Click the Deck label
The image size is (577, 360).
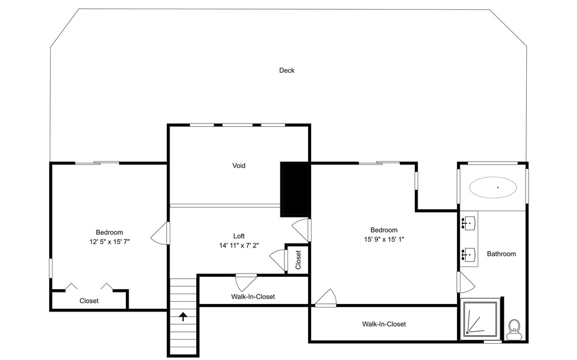[x=287, y=70]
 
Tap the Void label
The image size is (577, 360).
[x=239, y=166]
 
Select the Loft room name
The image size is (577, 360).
[x=239, y=236]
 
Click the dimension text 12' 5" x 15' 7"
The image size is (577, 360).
[x=109, y=242]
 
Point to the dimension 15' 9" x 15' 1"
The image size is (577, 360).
[x=384, y=239]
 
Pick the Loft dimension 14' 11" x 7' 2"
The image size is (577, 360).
[x=239, y=245]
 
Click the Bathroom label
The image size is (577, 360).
[x=501, y=254]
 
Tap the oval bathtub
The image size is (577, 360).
[x=493, y=187]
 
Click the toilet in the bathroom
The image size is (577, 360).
[x=514, y=329]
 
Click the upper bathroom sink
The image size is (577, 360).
[x=468, y=223]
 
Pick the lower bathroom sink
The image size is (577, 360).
[x=468, y=254]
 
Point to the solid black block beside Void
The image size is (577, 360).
[x=295, y=189]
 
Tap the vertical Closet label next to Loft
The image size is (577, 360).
[x=298, y=260]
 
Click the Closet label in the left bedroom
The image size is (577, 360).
[x=89, y=301]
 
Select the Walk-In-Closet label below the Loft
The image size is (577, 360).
[x=253, y=297]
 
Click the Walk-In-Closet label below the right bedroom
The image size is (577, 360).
[x=384, y=324]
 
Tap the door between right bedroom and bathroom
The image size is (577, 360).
[x=466, y=282]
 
